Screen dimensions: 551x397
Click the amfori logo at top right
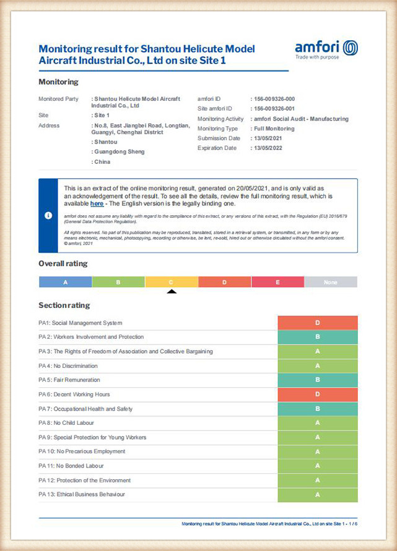click(x=326, y=49)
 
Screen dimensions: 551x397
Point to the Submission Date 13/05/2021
click(x=268, y=139)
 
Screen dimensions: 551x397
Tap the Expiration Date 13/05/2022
click(x=268, y=148)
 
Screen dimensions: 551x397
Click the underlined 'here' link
click(x=97, y=203)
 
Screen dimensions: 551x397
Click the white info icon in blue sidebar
click(x=48, y=215)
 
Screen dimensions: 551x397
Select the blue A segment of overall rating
click(x=66, y=282)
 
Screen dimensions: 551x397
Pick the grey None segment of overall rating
click(x=331, y=282)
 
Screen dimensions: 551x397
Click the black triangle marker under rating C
click(x=172, y=291)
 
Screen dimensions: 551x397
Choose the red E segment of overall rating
click(x=277, y=282)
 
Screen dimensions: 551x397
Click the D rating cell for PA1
click(x=318, y=323)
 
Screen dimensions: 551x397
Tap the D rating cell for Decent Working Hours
click(x=318, y=395)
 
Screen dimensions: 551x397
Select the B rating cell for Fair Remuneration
click(x=318, y=380)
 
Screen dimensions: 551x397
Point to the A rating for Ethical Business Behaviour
click(x=318, y=495)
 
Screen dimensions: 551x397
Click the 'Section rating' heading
click(x=64, y=305)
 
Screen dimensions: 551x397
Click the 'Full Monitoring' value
click(x=274, y=129)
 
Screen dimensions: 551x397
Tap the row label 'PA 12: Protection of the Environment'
click(x=84, y=481)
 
